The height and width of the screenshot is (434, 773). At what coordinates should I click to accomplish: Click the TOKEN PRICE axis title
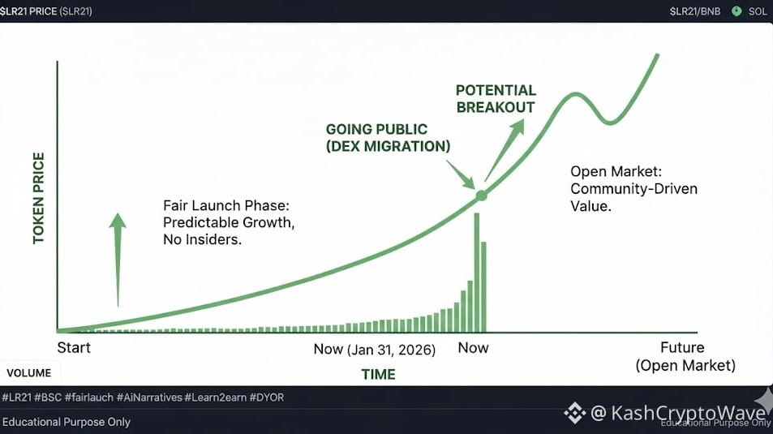[x=38, y=198]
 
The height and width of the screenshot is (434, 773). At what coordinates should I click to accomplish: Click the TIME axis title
[x=378, y=374]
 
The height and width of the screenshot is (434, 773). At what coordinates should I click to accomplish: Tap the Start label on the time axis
[x=74, y=348]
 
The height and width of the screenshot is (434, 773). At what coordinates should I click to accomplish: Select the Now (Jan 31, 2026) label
[x=375, y=350]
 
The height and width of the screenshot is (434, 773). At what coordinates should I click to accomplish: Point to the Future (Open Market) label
[x=685, y=357]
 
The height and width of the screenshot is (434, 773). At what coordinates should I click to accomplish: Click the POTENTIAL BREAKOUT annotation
[x=496, y=99]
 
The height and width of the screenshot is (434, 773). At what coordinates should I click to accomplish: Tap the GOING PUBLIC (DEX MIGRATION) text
[x=388, y=138]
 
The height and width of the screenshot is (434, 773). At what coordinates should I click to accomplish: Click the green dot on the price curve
[x=481, y=196]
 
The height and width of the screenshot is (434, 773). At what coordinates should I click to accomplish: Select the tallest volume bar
[x=476, y=273]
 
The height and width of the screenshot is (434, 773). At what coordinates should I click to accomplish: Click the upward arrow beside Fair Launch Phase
[x=118, y=260]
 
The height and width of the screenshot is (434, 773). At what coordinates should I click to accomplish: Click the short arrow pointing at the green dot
[x=461, y=174]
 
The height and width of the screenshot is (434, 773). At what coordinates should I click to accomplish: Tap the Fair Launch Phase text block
[x=229, y=222]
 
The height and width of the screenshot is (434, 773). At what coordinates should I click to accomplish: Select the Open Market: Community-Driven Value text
[x=634, y=189]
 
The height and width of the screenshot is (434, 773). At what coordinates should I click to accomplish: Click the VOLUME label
[x=28, y=373]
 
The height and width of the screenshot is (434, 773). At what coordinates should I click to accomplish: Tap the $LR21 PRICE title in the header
[x=46, y=11]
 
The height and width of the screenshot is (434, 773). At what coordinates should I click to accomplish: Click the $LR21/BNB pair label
[x=695, y=11]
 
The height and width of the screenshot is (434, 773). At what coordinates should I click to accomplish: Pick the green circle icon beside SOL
[x=736, y=11]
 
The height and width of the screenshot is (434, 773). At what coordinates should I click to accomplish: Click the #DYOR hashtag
[x=267, y=397]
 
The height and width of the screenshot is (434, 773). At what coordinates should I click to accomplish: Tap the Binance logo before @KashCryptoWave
[x=575, y=413]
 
